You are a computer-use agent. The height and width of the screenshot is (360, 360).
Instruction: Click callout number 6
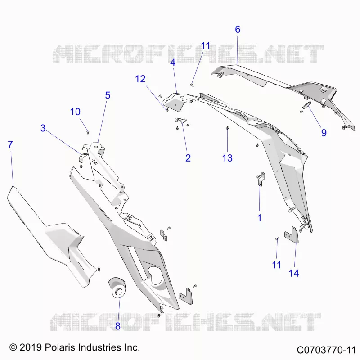(x=238, y=29)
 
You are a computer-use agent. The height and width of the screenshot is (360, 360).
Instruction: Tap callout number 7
(x=10, y=144)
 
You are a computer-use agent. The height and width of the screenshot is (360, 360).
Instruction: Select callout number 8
(x=118, y=326)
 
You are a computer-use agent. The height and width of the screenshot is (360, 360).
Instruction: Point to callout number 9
(x=324, y=133)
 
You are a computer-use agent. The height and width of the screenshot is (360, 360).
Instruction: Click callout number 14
(x=294, y=273)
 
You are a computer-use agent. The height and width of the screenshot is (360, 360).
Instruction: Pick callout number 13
(x=227, y=158)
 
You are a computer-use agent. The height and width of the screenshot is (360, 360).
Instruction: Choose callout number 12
(x=140, y=79)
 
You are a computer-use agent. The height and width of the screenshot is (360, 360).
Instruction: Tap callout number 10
(x=75, y=112)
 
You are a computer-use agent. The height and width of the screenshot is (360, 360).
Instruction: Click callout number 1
(x=260, y=218)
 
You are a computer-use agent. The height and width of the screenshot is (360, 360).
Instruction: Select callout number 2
(x=188, y=158)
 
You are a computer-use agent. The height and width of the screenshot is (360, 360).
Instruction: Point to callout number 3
(x=43, y=128)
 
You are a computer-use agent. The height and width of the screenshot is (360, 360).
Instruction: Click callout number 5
(x=108, y=95)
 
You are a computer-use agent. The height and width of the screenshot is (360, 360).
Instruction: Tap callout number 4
(x=173, y=62)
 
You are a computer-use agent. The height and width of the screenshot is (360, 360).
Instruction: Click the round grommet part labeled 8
(x=117, y=288)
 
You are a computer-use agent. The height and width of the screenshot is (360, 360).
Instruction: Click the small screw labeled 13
(x=227, y=128)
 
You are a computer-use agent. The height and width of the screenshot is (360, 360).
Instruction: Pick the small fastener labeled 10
(x=88, y=132)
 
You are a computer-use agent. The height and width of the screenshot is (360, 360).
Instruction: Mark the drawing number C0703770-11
(x=326, y=350)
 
